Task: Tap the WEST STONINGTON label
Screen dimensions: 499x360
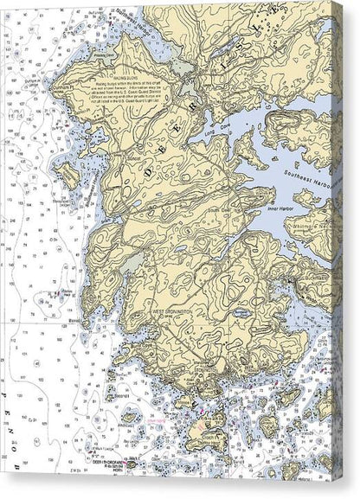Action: [172, 310]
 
